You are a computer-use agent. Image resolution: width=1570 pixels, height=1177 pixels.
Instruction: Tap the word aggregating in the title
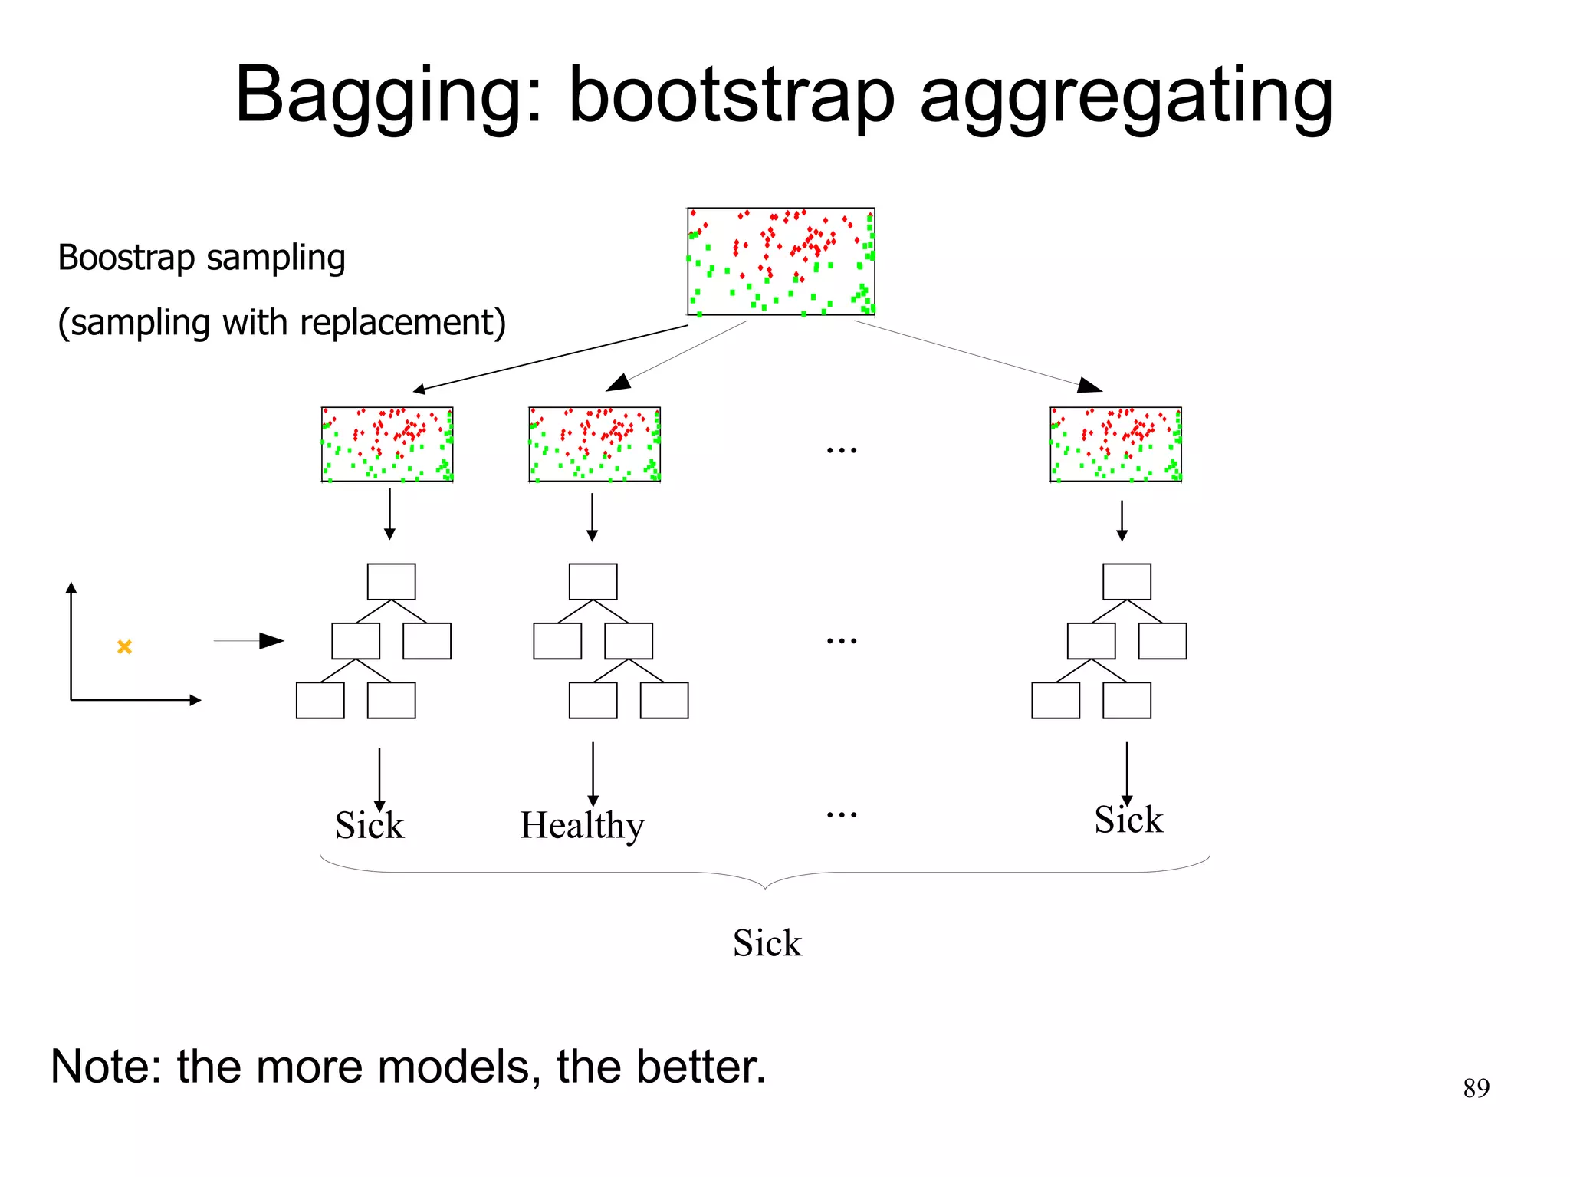tap(1126, 96)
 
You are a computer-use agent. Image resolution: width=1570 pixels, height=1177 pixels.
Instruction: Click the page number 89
tap(1476, 1088)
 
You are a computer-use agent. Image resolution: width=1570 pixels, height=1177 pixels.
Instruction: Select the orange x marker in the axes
tap(124, 647)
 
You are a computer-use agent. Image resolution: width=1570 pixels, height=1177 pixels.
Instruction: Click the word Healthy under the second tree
tap(582, 827)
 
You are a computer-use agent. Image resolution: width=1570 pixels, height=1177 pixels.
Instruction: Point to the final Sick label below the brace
tap(767, 943)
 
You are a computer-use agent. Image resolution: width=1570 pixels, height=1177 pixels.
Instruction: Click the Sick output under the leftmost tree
tap(370, 826)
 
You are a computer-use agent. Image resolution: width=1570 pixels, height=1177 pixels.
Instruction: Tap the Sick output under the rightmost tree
tap(1128, 820)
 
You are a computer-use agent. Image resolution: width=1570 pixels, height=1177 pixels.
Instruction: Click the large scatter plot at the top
tap(780, 261)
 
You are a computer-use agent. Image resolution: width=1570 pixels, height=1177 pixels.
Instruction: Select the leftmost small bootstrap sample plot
tap(387, 445)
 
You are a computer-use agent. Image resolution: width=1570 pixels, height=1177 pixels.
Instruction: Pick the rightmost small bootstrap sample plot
tap(1115, 445)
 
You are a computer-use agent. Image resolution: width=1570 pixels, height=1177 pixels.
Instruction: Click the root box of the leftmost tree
tap(391, 582)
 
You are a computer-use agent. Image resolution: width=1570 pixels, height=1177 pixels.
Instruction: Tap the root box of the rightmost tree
tap(1126, 582)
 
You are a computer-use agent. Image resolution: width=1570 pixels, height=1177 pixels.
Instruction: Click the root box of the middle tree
tap(593, 582)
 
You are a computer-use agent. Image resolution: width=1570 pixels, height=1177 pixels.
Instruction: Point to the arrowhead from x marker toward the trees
tap(273, 640)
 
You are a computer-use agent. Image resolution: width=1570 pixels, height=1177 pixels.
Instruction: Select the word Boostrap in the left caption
tap(126, 258)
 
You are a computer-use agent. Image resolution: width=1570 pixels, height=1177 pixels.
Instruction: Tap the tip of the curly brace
tap(765, 889)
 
